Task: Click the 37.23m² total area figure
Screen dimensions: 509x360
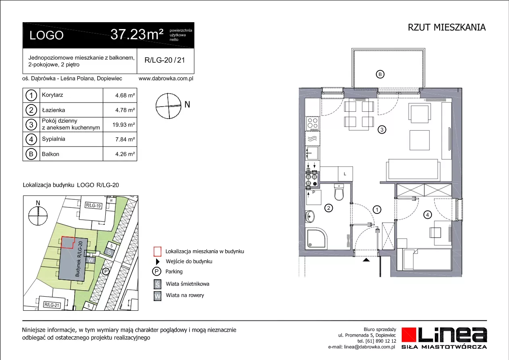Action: pyautogui.click(x=137, y=35)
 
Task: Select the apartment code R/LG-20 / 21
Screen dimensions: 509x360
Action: pyautogui.click(x=165, y=60)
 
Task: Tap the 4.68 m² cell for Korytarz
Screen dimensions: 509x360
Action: pyautogui.click(x=125, y=95)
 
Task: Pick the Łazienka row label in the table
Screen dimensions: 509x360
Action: pyautogui.click(x=53, y=110)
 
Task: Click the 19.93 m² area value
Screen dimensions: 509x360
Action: pyautogui.click(x=123, y=125)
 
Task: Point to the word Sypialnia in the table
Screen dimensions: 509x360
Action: pyautogui.click(x=53, y=139)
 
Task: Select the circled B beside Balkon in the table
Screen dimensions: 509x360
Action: pyautogui.click(x=31, y=154)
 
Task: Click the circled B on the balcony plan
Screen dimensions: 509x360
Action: pyautogui.click(x=380, y=74)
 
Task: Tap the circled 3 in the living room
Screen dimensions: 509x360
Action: pyautogui.click(x=382, y=130)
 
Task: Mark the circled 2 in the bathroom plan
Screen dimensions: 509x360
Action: pyautogui.click(x=329, y=208)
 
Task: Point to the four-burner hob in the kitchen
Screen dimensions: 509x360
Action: pyautogui.click(x=313, y=124)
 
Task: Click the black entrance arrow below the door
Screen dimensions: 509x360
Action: pyautogui.click(x=366, y=260)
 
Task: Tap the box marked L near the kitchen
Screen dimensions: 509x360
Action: pyautogui.click(x=345, y=174)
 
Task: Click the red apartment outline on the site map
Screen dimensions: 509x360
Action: pyautogui.click(x=68, y=243)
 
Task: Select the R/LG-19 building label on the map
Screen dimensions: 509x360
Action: pyautogui.click(x=94, y=205)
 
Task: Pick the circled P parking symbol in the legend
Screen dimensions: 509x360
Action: pyautogui.click(x=156, y=272)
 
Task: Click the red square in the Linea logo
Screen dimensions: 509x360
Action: pyautogui.click(x=409, y=335)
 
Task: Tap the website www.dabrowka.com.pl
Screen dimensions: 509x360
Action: pyautogui.click(x=166, y=78)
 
